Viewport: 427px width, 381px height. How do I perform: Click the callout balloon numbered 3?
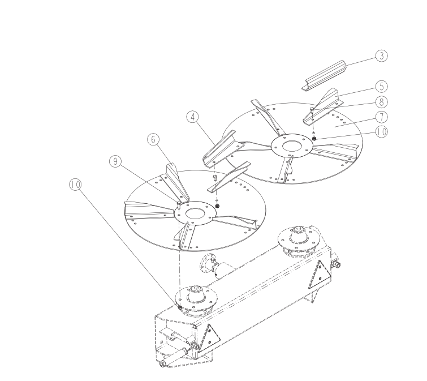click(381, 56)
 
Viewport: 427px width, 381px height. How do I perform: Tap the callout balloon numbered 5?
click(381, 87)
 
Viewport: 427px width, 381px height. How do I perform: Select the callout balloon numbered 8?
click(381, 102)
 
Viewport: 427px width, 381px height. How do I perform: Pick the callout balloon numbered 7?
click(381, 117)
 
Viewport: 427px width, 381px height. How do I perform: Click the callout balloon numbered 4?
click(193, 117)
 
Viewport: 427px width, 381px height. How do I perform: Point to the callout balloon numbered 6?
click(153, 139)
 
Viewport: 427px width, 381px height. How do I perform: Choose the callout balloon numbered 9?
click(115, 161)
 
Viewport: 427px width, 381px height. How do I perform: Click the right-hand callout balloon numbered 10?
click(381, 132)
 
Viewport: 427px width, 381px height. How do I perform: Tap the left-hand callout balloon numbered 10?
click(75, 185)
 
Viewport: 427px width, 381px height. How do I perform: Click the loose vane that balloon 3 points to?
click(324, 75)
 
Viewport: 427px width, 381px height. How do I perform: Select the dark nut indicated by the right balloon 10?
click(314, 139)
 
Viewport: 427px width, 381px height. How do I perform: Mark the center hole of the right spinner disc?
click(292, 145)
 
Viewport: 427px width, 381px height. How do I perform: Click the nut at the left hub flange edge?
click(180, 308)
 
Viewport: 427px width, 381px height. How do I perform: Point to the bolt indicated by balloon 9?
click(179, 205)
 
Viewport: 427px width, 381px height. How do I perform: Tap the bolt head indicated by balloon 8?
click(312, 110)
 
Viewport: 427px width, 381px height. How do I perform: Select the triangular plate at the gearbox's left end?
click(209, 339)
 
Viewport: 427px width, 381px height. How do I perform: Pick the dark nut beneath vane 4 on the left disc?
click(217, 206)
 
